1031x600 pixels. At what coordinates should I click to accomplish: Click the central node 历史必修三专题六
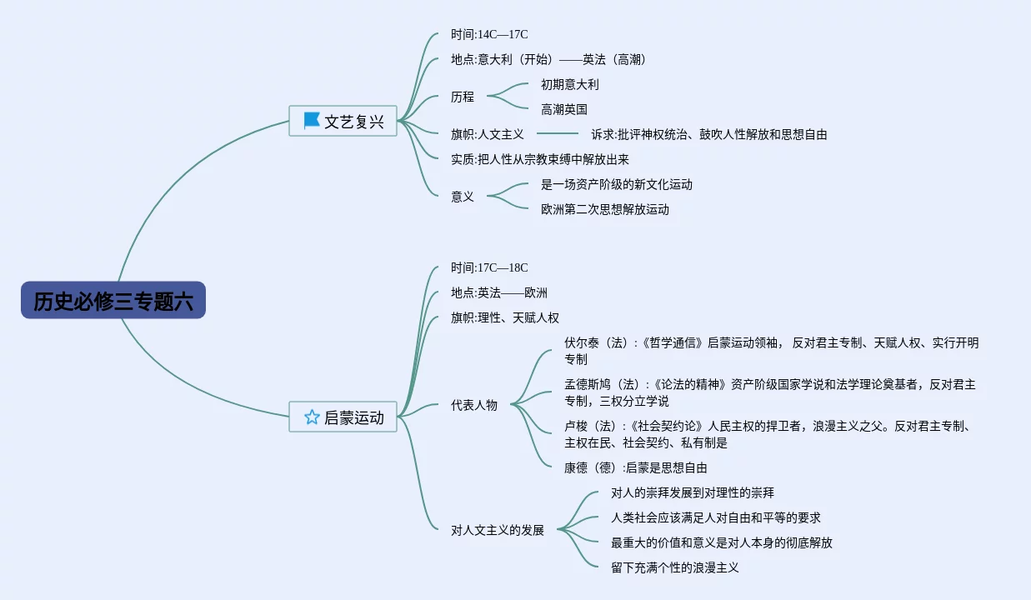click(x=113, y=301)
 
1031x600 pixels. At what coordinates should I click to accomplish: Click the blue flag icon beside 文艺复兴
click(x=312, y=121)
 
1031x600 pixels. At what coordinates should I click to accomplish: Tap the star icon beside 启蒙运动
click(x=312, y=417)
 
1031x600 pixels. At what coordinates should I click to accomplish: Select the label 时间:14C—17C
click(x=489, y=34)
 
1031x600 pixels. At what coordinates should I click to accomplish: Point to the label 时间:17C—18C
click(x=489, y=267)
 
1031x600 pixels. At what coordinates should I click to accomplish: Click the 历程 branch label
click(x=463, y=97)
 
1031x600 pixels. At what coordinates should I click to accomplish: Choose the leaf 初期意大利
click(x=569, y=84)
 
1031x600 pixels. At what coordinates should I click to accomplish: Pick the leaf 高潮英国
click(x=564, y=109)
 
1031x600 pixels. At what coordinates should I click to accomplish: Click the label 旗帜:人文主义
click(x=488, y=134)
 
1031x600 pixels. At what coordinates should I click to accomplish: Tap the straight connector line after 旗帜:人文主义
click(x=557, y=134)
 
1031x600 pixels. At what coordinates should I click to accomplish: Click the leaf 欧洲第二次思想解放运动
click(x=605, y=209)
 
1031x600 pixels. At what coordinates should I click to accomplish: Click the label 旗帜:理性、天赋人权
click(x=505, y=317)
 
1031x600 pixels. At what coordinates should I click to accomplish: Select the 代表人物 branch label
click(x=474, y=405)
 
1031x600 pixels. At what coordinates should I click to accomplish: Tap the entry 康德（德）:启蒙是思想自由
click(x=635, y=467)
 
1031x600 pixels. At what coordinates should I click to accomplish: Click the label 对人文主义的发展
click(x=498, y=530)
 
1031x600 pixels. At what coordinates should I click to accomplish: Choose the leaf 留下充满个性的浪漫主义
click(x=675, y=567)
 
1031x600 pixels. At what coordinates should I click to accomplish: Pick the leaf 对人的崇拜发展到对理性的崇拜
click(x=693, y=492)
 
